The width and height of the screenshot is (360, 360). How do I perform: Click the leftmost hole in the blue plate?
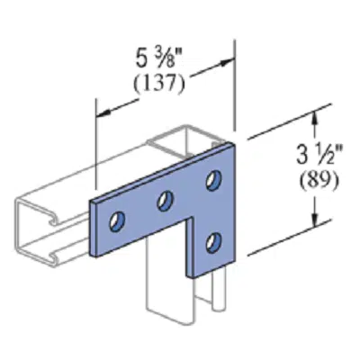pyautogui.click(x=117, y=220)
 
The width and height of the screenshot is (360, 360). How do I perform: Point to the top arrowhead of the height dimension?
pyautogui.click(x=314, y=115)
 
